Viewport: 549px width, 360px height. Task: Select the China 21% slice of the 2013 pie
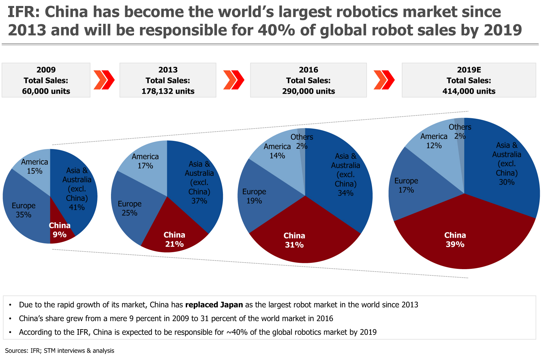click(x=174, y=239)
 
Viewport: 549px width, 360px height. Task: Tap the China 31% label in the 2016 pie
click(x=294, y=240)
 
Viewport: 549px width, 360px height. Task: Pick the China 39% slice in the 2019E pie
click(x=455, y=240)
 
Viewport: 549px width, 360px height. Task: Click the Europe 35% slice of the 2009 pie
click(x=24, y=210)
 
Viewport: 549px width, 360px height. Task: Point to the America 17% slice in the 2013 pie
click(x=145, y=161)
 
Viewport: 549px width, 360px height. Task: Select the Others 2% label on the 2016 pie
click(x=302, y=141)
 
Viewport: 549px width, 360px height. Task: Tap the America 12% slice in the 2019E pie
click(x=434, y=141)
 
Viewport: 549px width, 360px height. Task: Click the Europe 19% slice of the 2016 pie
click(x=254, y=196)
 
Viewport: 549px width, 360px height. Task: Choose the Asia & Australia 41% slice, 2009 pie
click(x=77, y=189)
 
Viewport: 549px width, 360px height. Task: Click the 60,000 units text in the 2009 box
click(x=46, y=91)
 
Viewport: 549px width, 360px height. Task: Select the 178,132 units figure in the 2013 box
click(x=168, y=91)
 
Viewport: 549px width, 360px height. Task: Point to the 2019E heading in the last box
click(x=469, y=70)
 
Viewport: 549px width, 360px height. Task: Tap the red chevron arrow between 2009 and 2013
click(x=104, y=80)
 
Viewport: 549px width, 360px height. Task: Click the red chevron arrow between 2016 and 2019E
click(x=384, y=80)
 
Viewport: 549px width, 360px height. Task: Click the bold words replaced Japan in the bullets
click(x=214, y=305)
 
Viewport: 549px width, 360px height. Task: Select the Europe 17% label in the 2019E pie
click(x=406, y=185)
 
